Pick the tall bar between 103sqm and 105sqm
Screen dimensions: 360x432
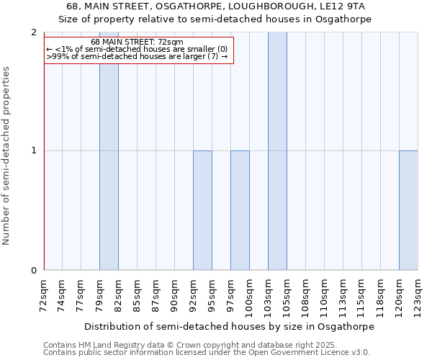coord(277,151)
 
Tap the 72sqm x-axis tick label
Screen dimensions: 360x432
coord(44,293)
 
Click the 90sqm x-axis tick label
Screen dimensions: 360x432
coord(175,293)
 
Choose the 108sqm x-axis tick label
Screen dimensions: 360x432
coord(306,293)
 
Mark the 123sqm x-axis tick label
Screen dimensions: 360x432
coord(418,293)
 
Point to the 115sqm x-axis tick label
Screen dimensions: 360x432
coord(362,293)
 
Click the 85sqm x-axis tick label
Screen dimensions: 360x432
coord(138,293)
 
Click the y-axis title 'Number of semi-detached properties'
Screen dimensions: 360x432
coord(7,156)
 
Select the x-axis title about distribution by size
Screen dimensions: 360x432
coord(230,326)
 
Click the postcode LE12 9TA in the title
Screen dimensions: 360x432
coord(345,6)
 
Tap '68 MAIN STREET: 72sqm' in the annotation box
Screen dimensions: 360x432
coord(137,42)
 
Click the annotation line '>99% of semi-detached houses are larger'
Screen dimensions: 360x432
coord(137,56)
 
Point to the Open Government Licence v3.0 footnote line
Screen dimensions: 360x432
coord(207,352)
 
